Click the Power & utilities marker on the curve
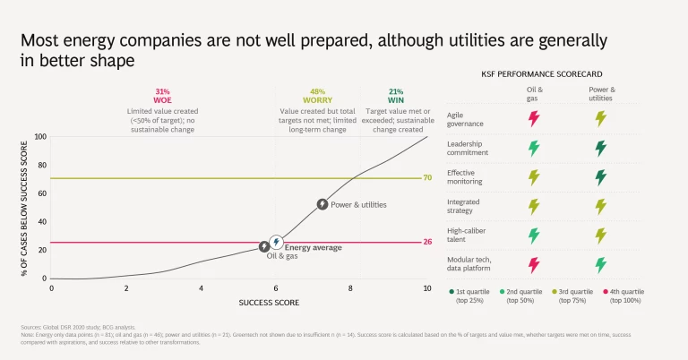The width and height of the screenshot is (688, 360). tap(322, 204)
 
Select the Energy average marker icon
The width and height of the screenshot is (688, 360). tap(277, 242)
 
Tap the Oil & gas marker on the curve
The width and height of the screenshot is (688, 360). tap(265, 246)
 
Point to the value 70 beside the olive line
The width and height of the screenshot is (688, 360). tap(428, 178)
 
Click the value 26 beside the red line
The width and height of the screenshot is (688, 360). tap(428, 243)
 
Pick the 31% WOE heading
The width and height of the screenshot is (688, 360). tap(162, 96)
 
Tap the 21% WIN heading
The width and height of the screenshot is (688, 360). tap(396, 96)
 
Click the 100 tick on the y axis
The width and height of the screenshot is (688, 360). tap(39, 137)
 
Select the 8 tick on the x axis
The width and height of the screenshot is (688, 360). tap(352, 287)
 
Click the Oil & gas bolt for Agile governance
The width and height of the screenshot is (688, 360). tap(535, 118)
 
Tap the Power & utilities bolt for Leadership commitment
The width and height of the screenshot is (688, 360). tap(601, 148)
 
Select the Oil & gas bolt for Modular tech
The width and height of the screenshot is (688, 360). tap(535, 265)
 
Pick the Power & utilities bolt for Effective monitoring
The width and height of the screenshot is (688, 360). tap(601, 177)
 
